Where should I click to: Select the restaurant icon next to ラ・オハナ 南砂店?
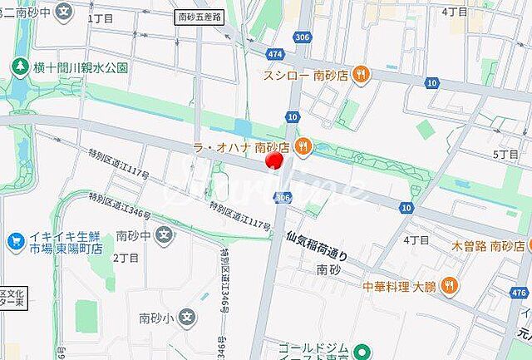point(304,146)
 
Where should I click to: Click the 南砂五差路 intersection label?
point(199,16)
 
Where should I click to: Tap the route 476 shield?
point(520,293)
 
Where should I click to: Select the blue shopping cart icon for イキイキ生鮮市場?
point(15,241)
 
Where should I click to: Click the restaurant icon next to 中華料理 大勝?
point(449,287)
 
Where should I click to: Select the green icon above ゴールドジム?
point(360,351)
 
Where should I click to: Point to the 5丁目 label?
point(505,155)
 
